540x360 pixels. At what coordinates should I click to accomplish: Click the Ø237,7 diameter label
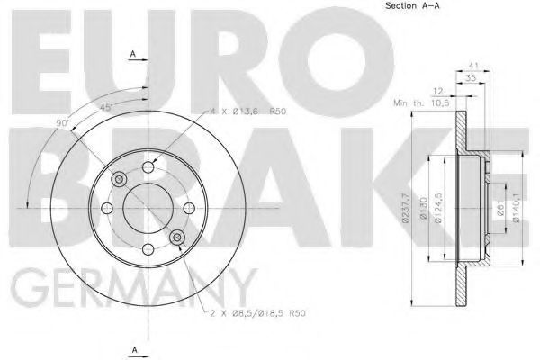(407, 206)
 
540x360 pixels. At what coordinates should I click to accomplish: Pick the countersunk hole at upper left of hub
(117, 180)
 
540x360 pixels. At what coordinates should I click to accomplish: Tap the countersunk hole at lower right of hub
(177, 238)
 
